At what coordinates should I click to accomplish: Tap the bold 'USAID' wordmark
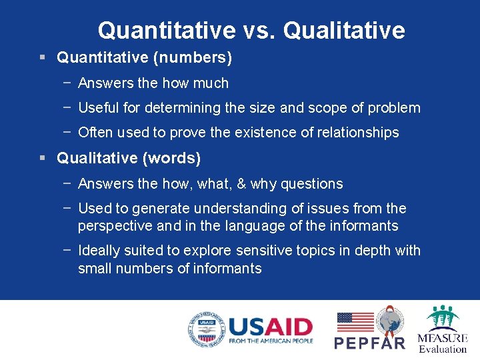(x=270, y=327)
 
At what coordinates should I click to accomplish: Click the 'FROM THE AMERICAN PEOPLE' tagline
(x=270, y=341)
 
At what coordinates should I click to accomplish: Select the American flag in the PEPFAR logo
(x=355, y=322)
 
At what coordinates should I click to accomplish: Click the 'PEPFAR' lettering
(x=369, y=343)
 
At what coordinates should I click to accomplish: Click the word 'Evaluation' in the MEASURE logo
(x=443, y=348)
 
